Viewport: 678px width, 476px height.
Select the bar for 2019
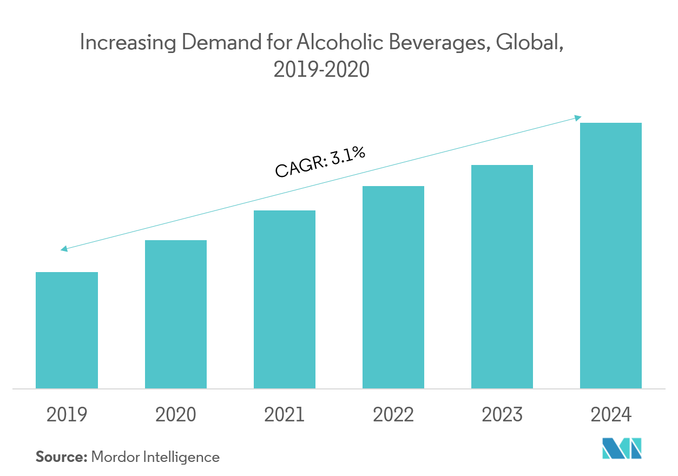[x=67, y=330]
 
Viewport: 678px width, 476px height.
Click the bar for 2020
[x=175, y=314]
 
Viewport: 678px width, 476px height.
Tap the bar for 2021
[x=284, y=299]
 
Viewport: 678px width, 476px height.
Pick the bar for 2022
[x=393, y=287]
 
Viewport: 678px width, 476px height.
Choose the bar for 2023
[x=502, y=276]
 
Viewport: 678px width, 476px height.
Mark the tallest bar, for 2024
[x=610, y=255]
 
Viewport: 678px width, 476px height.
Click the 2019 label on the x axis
[x=67, y=415]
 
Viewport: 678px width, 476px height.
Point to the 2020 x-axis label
[x=175, y=415]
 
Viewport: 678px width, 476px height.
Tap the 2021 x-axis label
[x=284, y=415]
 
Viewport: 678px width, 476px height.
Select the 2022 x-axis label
[x=393, y=415]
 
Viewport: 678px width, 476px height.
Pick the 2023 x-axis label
[x=502, y=415]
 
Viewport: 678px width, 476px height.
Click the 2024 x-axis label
[x=610, y=415]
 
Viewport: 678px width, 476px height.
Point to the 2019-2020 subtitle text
[x=321, y=70]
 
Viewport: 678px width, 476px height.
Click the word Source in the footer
[x=61, y=457]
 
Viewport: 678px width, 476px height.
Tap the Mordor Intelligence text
[x=155, y=457]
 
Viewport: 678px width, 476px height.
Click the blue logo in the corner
[x=622, y=448]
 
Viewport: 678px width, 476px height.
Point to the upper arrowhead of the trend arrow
[x=578, y=117]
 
